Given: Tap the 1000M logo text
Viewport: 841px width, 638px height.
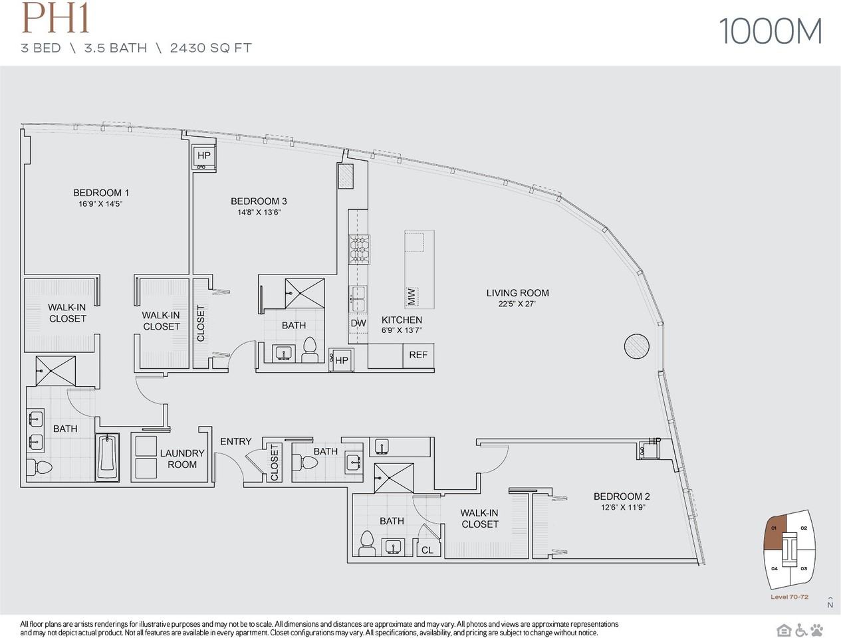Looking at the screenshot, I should (771, 31).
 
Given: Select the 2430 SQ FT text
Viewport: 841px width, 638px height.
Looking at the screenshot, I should (211, 48).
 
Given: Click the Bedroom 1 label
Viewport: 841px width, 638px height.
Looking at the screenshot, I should (101, 193).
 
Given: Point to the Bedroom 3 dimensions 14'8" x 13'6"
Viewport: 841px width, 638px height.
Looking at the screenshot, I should (259, 213).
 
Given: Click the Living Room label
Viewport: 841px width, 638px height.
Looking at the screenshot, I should (517, 292).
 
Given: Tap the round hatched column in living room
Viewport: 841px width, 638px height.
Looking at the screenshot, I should (636, 345).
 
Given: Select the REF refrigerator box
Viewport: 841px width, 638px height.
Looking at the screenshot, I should (418, 355).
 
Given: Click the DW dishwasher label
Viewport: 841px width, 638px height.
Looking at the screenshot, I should (358, 324).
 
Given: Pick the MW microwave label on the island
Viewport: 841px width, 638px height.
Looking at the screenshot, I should (412, 296).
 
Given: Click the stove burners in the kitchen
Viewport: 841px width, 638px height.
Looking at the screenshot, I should (359, 249).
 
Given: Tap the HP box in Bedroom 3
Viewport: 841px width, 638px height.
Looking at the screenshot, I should (203, 156).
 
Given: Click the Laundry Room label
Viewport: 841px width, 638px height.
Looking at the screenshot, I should (181, 459).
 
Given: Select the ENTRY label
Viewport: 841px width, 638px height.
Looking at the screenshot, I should (235, 441).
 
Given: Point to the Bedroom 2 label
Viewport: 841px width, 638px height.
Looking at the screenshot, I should (621, 496).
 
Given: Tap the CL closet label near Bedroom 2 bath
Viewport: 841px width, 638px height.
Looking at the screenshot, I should (427, 550).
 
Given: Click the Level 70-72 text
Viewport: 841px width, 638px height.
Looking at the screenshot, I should (789, 597).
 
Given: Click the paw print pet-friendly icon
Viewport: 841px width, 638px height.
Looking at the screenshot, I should (816, 629).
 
